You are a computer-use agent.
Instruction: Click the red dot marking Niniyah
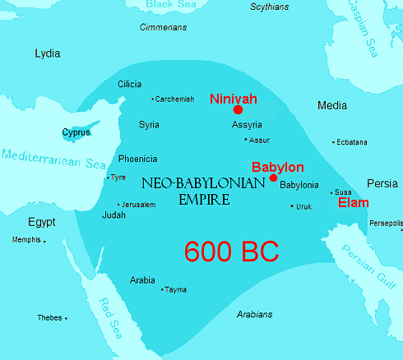238,109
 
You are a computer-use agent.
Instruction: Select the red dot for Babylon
273,178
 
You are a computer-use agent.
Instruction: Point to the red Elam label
354,203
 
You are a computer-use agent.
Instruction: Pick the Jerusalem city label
137,205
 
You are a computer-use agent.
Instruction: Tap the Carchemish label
174,99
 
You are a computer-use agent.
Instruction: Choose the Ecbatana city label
351,142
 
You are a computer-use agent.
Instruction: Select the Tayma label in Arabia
176,289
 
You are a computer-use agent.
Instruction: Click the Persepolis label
386,223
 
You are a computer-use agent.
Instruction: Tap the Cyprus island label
77,132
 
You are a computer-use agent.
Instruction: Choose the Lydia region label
48,53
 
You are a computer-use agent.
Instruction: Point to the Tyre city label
118,178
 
